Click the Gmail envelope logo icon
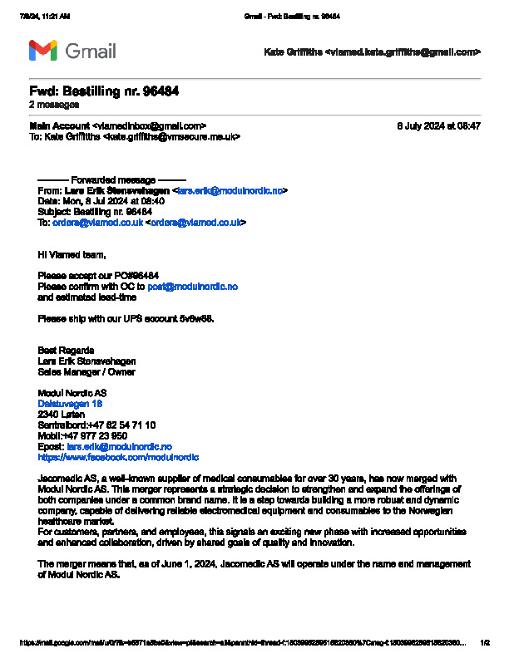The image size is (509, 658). click(x=43, y=51)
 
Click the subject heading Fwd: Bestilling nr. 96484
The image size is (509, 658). click(x=104, y=91)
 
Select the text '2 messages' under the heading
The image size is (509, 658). click(x=54, y=105)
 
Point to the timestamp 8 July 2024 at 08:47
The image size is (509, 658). click(x=438, y=125)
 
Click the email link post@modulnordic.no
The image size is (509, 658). click(x=192, y=286)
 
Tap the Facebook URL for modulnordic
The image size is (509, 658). click(x=118, y=457)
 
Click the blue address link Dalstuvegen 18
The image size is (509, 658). click(x=71, y=403)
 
